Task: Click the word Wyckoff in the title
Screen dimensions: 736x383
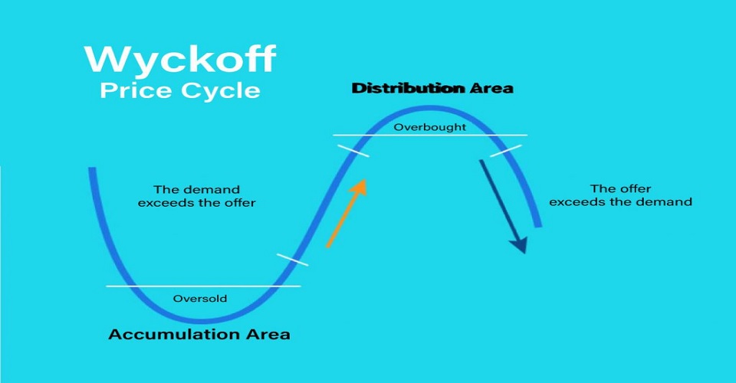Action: point(180,59)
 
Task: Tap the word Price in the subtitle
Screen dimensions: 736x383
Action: point(136,90)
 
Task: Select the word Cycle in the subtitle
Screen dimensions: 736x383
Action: point(221,91)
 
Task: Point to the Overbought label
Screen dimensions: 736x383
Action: point(430,127)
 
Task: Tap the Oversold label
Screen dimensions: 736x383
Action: point(200,299)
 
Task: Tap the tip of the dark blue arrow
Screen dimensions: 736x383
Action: point(524,253)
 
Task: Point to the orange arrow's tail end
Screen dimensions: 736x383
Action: point(327,246)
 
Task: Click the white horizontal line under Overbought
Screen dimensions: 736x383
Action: point(430,135)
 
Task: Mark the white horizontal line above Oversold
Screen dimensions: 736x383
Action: point(203,286)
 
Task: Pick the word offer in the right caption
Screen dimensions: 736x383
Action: point(634,189)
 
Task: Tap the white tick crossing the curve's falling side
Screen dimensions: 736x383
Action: point(505,151)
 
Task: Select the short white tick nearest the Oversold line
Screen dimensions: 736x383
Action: point(292,260)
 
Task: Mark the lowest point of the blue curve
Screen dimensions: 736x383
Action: point(202,321)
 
